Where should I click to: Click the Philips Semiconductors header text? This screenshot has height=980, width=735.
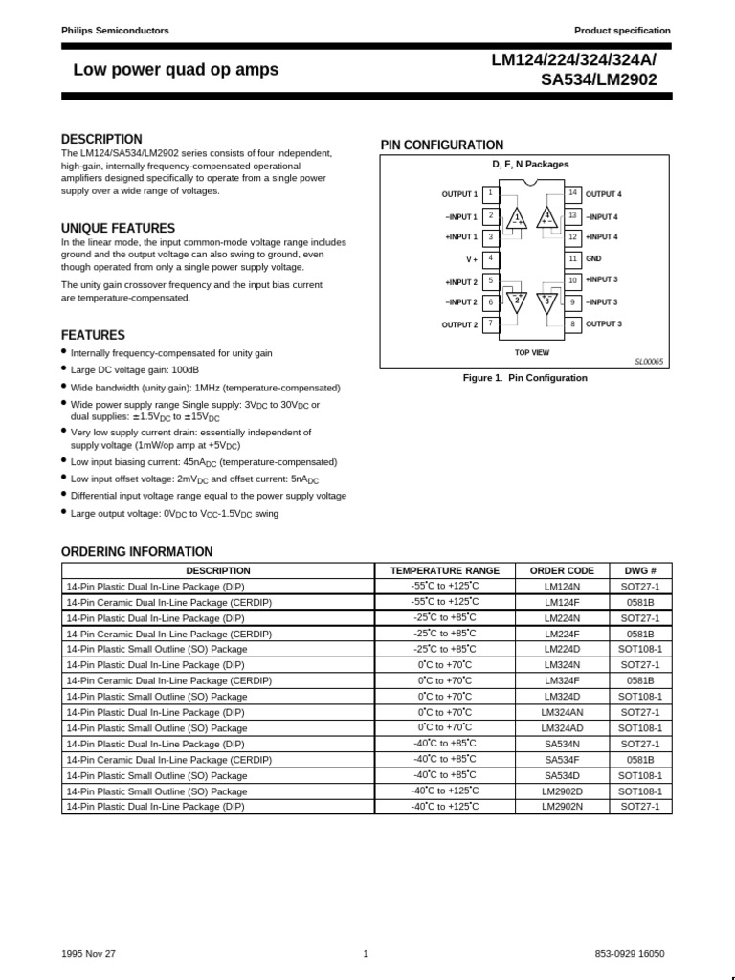tap(115, 31)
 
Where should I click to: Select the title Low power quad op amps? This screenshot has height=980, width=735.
tap(176, 70)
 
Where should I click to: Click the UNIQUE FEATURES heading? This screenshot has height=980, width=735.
tap(118, 228)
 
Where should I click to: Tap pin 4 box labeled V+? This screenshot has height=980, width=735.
tap(490, 258)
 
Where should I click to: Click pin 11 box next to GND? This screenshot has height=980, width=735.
tap(572, 258)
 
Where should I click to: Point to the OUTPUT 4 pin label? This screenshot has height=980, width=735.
tap(603, 194)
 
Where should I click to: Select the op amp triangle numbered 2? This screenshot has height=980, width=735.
tap(517, 301)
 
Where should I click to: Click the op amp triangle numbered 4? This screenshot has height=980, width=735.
tap(547, 218)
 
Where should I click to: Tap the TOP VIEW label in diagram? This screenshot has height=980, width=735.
tap(532, 353)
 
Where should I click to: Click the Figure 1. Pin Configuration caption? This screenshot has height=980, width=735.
tap(524, 378)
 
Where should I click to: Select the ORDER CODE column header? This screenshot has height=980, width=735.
tap(562, 570)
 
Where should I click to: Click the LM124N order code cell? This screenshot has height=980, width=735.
tap(562, 587)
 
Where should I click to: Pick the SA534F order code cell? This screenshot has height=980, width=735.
tap(562, 759)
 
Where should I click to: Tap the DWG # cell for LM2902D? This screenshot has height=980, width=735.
tap(640, 791)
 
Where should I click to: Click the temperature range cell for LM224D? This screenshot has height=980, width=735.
tap(444, 649)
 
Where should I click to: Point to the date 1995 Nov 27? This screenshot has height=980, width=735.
tap(88, 953)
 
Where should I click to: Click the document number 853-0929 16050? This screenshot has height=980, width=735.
tap(630, 953)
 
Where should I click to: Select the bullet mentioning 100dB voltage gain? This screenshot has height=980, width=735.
tap(135, 370)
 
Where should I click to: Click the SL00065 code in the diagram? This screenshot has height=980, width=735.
tap(648, 362)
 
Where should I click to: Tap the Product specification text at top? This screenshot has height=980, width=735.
tap(622, 31)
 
